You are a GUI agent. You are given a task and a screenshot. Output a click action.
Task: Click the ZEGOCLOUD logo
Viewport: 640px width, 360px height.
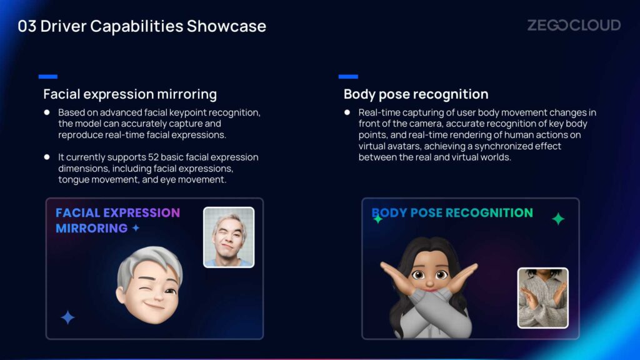(x=574, y=25)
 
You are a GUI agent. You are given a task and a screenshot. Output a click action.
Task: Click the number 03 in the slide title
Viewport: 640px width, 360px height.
(x=27, y=26)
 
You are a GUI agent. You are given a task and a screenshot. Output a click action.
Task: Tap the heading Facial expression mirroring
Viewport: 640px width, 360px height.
(x=130, y=94)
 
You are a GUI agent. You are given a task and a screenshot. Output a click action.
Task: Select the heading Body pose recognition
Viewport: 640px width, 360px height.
(x=416, y=94)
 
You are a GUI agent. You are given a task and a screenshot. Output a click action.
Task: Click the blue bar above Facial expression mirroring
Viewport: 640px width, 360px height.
(x=47, y=76)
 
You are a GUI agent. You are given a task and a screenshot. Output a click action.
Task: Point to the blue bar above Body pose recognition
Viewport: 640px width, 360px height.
(x=348, y=76)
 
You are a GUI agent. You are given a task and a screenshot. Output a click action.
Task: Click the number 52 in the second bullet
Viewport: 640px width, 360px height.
(x=153, y=157)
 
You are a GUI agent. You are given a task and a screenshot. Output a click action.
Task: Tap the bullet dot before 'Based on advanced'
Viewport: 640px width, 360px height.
(x=47, y=112)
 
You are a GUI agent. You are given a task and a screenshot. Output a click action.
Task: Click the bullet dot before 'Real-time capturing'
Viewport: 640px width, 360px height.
(x=347, y=112)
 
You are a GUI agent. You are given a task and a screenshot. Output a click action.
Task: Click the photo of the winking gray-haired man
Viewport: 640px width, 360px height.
(x=229, y=237)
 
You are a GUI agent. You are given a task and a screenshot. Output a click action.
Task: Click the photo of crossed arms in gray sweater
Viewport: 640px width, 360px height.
(x=543, y=298)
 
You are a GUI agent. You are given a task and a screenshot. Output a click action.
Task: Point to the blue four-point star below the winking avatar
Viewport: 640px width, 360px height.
(x=67, y=317)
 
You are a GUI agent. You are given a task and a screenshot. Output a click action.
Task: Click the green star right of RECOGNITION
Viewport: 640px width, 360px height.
(x=558, y=219)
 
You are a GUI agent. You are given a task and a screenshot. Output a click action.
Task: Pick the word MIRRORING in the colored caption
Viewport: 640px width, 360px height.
(x=92, y=228)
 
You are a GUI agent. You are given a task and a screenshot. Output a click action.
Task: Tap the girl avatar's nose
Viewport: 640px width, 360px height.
(x=429, y=282)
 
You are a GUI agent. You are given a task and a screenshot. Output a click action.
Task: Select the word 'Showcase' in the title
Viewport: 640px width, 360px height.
(x=226, y=26)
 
